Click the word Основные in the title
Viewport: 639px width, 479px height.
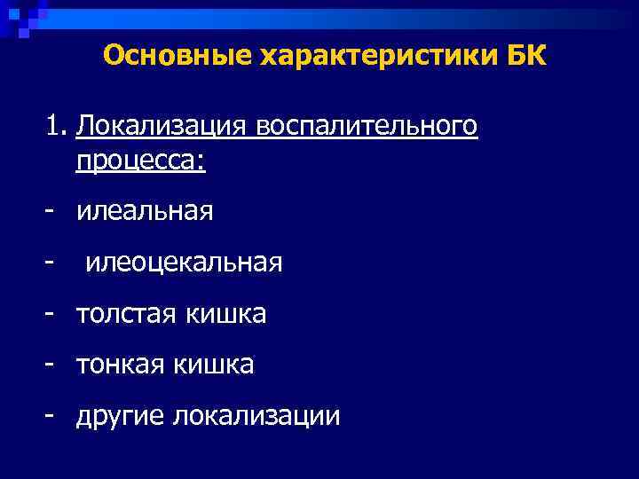(177, 57)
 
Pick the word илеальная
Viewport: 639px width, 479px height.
(145, 211)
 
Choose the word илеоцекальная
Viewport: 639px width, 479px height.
(185, 263)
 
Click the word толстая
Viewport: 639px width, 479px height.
(127, 314)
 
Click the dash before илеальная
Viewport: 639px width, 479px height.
(52, 212)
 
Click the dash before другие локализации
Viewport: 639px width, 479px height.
(52, 416)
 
